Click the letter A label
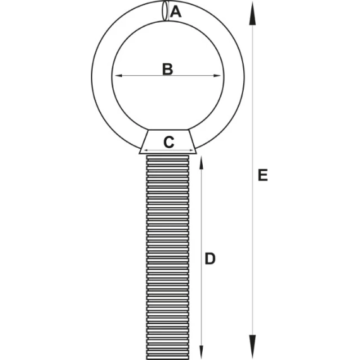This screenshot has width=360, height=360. coord(176,12)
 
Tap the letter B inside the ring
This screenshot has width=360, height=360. coord(167,69)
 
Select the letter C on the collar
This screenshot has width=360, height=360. coord(169,142)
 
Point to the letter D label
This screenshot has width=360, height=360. coord(210,258)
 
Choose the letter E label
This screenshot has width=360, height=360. coord(263,175)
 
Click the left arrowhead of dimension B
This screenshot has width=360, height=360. coord(118,76)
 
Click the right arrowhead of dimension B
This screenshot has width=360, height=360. coord(217,76)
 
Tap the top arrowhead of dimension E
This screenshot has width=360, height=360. coord(253,13)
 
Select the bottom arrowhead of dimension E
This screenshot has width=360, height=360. coord(253,346)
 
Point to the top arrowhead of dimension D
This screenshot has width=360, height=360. coord(201,163)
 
